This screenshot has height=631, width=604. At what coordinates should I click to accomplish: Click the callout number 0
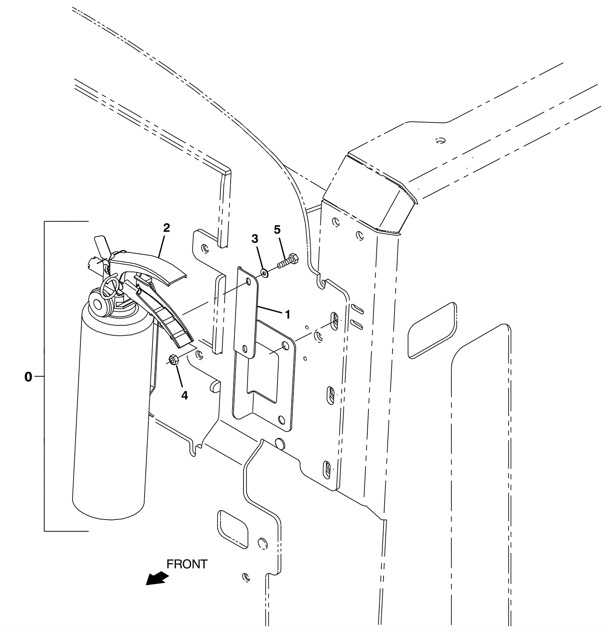pos(28,377)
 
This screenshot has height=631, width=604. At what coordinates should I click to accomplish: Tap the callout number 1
pos(288,314)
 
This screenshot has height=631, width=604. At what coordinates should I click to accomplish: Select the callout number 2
pos(166,228)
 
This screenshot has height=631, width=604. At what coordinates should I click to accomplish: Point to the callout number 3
pos(255,239)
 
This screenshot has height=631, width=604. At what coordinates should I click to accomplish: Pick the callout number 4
pos(184,395)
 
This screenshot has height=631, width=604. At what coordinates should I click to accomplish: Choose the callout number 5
pos(277,229)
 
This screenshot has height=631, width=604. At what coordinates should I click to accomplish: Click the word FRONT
pos(187,564)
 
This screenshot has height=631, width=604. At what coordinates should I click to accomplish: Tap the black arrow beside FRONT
pos(157,578)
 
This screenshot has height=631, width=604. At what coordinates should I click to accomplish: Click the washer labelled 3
pos(264,272)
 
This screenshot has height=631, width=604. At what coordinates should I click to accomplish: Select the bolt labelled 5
pos(288,261)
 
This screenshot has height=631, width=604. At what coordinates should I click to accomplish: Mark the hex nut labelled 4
pos(173,359)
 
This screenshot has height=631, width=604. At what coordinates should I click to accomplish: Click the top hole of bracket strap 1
pos(248,281)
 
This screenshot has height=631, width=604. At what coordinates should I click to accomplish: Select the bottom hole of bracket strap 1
pos(245,348)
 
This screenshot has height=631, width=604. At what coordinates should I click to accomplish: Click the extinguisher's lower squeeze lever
pos(166,317)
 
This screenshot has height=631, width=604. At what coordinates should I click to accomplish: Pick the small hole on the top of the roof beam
pos(439,141)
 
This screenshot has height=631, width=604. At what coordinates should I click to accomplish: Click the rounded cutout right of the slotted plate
pos(432,330)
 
